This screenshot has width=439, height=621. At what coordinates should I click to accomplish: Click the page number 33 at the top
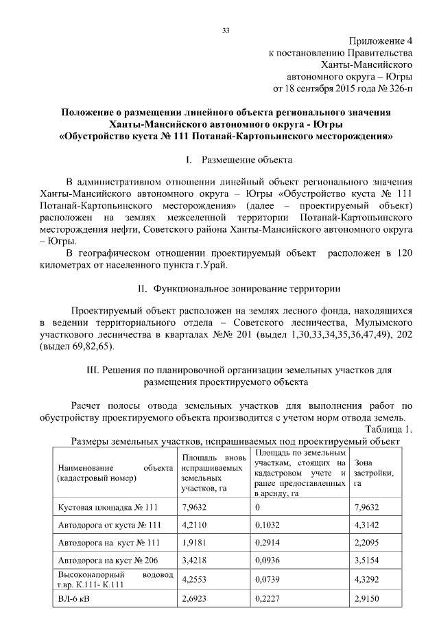tap(226, 30)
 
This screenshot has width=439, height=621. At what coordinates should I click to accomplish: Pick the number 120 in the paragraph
tap(405, 254)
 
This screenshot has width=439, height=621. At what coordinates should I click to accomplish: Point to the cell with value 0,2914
tap(268, 543)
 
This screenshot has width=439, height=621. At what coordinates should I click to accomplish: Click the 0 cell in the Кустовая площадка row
tap(258, 507)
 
